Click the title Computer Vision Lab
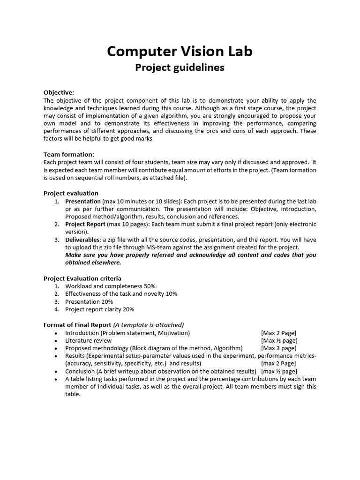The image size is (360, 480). click(180, 52)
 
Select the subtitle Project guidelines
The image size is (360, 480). click(180, 68)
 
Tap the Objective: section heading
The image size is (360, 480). click(59, 92)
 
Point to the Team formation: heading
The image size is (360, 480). click(69, 154)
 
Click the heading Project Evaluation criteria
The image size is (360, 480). click(82, 278)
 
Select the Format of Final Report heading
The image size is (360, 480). click(77, 325)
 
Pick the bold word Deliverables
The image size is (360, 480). click(83, 240)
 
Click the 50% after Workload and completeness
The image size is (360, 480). click(150, 286)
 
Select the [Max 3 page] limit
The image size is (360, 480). click(278, 348)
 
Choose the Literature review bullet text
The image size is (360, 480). click(89, 341)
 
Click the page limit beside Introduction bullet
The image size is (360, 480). click(278, 333)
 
